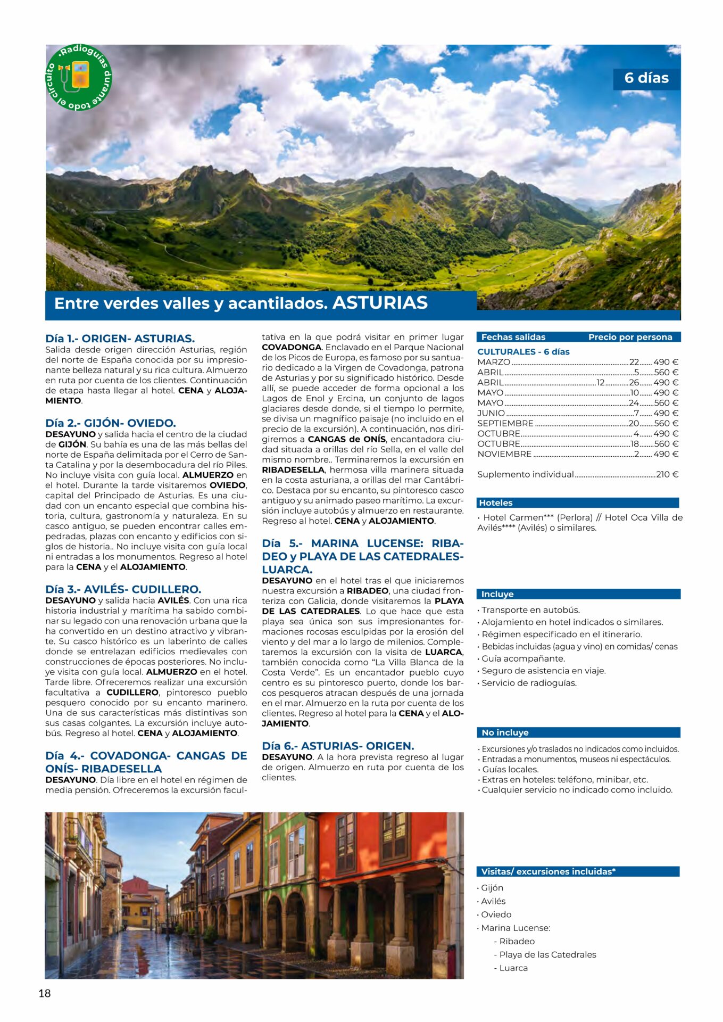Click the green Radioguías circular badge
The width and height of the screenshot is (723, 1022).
click(79, 77)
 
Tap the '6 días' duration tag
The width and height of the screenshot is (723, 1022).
click(646, 78)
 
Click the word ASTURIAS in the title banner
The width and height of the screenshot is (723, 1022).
click(380, 303)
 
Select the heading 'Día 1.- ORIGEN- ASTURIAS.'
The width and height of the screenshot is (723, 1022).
click(120, 339)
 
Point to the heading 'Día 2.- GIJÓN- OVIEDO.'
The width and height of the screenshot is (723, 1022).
click(111, 423)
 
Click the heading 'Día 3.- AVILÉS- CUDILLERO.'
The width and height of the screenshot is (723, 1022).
click(123, 589)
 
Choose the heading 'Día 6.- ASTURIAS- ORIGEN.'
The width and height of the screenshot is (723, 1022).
click(338, 746)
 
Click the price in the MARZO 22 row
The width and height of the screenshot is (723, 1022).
click(666, 362)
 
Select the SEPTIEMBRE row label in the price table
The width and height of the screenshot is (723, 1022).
click(505, 423)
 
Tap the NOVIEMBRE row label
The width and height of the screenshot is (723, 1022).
click(504, 454)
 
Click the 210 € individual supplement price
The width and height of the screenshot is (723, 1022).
click(667, 474)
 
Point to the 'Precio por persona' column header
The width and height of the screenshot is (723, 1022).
click(630, 337)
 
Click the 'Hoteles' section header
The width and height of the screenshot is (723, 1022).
click(496, 502)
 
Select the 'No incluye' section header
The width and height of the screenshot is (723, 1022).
click(505, 732)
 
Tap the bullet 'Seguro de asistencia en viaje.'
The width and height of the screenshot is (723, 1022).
click(543, 671)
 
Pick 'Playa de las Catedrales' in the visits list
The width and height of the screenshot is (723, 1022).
click(547, 954)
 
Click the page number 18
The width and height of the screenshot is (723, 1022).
click(45, 993)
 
